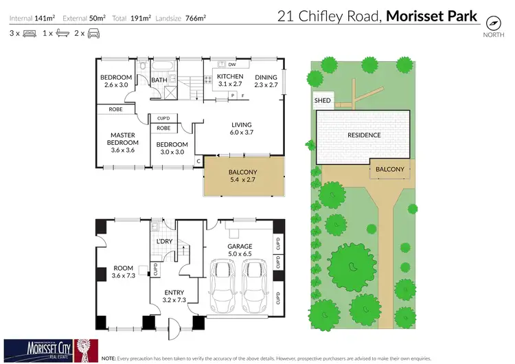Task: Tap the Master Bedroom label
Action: coord(122,142)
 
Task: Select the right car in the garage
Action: coord(254,283)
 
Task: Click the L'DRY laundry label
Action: coord(164,242)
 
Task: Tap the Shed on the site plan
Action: coord(322,101)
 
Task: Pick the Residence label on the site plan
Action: coord(364,135)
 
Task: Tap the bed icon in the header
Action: coord(29,33)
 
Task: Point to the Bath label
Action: coord(159,80)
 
